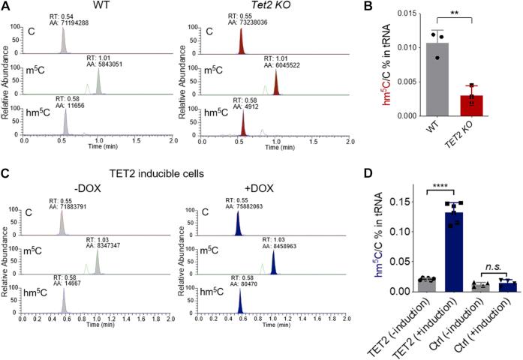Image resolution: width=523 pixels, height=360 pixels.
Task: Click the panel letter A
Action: click(7, 7)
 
